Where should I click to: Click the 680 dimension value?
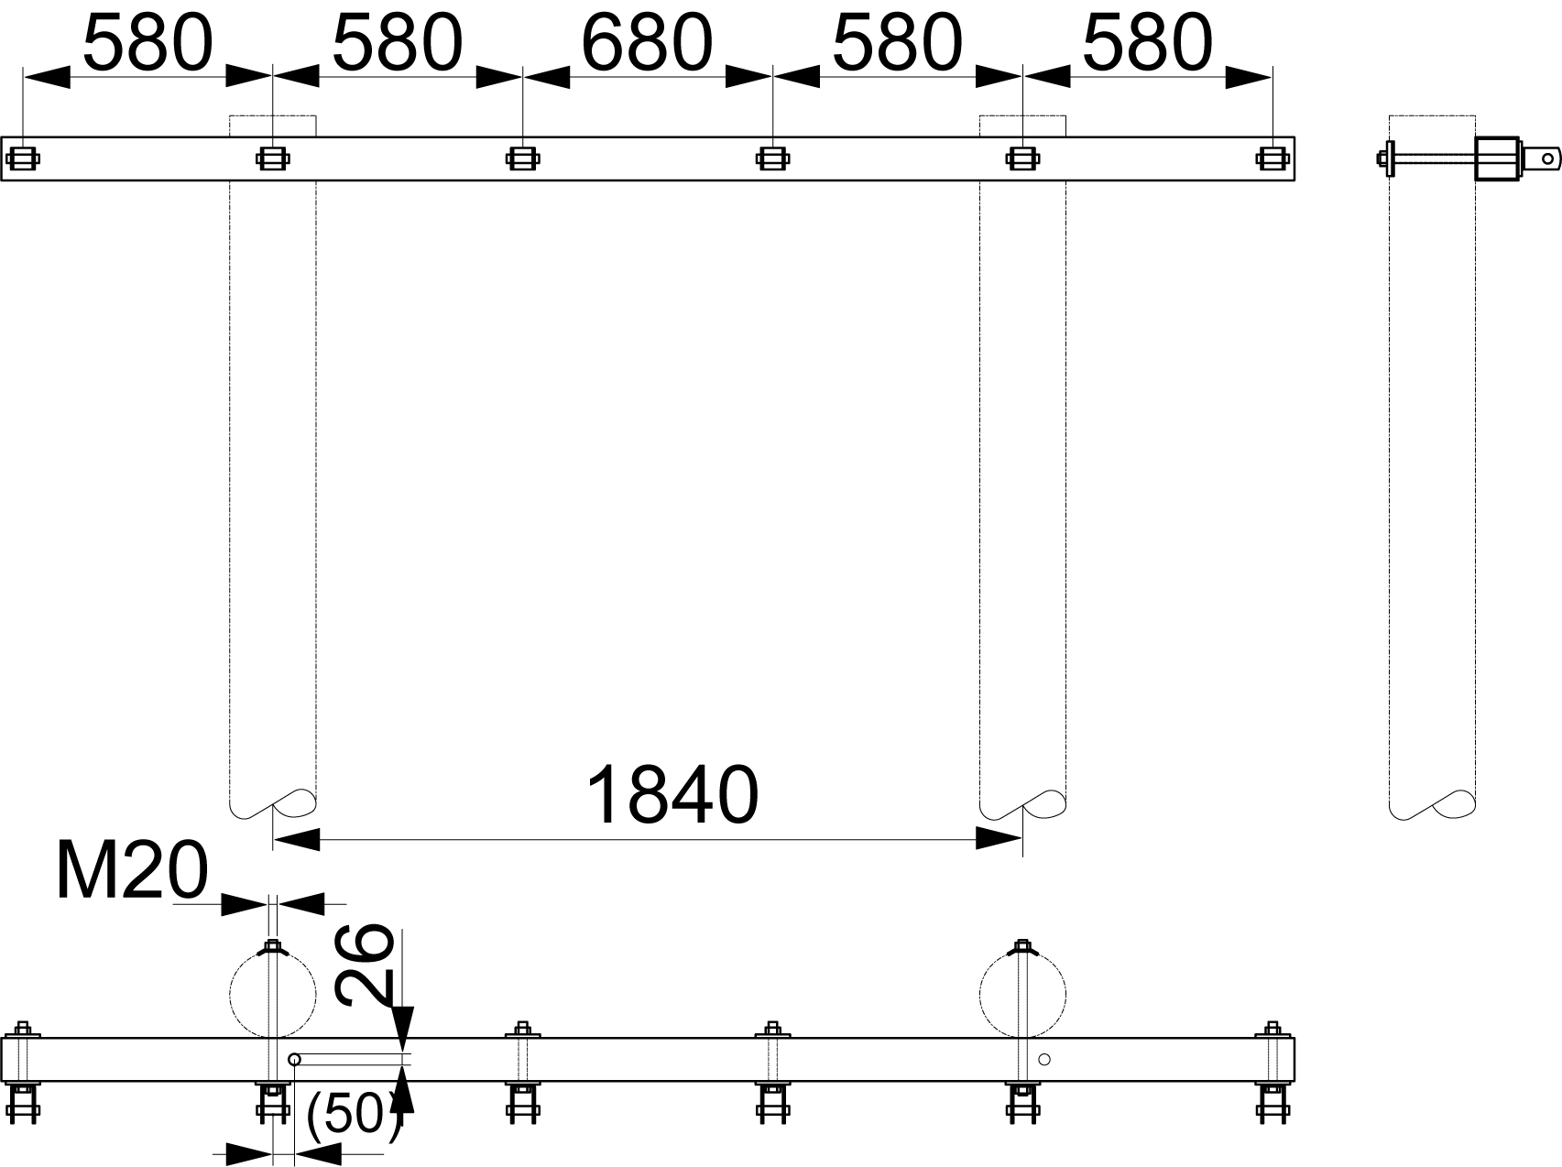[x=647, y=43]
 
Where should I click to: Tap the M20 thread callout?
[x=132, y=871]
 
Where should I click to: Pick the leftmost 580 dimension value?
[x=147, y=43]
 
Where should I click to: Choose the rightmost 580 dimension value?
[x=1147, y=43]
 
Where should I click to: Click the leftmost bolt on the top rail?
[x=23, y=158]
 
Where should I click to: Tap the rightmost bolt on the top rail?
[x=1272, y=158]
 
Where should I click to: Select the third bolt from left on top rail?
[x=522, y=158]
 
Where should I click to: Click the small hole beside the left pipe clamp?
[x=294, y=1060]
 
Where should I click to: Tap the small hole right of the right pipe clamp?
[x=1044, y=1060]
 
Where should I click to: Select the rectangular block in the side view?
[x=1498, y=158]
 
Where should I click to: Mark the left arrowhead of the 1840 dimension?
[x=296, y=838]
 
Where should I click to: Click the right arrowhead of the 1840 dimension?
[x=999, y=838]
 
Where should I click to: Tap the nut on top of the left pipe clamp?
[x=272, y=945]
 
